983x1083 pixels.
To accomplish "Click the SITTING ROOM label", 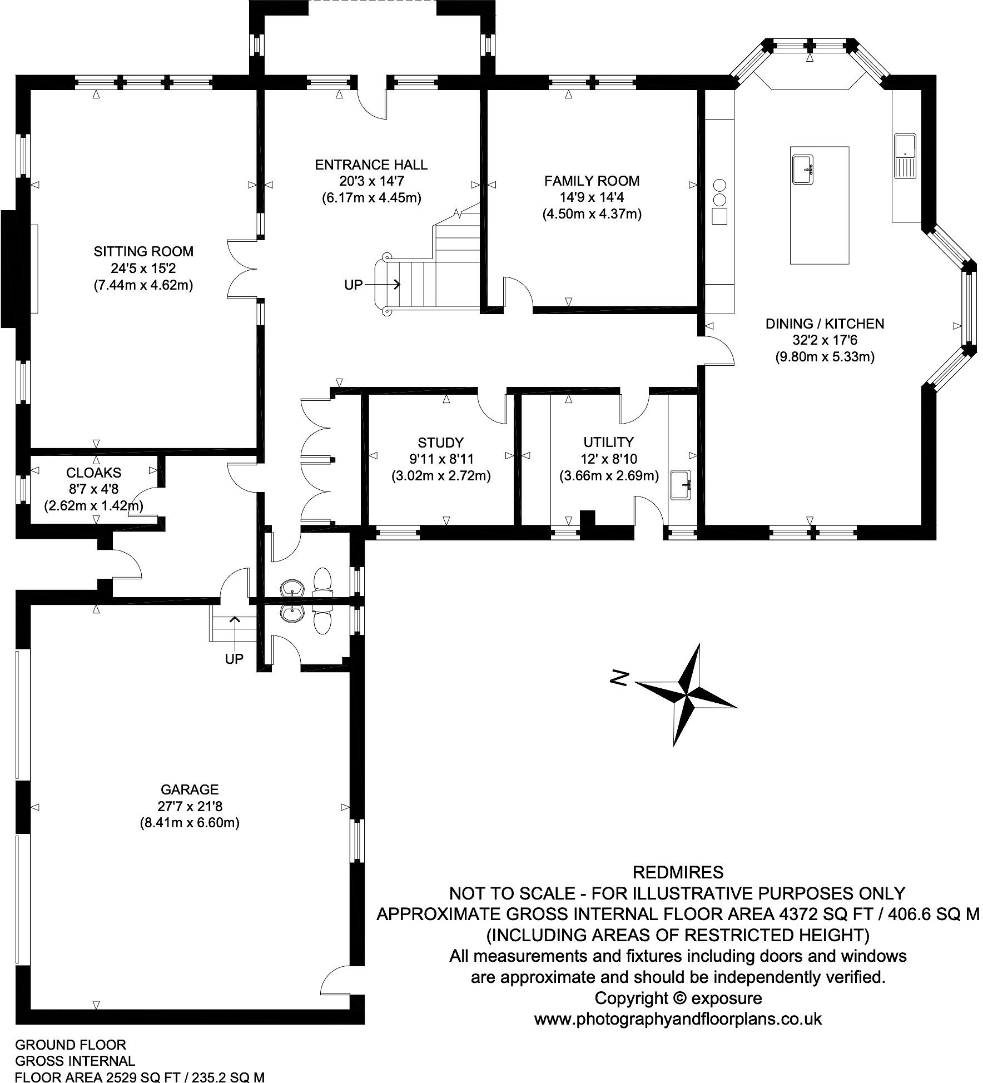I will pos(143,251).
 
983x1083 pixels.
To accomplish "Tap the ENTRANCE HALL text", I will pos(371,165).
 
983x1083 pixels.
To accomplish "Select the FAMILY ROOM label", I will pos(592,181).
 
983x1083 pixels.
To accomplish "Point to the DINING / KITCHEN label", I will pos(825,324).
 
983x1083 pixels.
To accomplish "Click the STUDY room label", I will pos(440,443).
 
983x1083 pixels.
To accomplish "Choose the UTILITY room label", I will pos(608,442).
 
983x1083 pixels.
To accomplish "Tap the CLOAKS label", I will pos(93,473).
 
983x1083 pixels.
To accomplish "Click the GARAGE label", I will pos(190,789).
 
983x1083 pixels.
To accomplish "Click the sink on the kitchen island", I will pos(802,169).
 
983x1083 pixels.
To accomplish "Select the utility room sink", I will pos(681,485).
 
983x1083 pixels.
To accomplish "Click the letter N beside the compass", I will pos(619,678).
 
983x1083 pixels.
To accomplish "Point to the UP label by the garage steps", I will pos(234,659).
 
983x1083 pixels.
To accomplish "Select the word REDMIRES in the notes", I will pos(678,871).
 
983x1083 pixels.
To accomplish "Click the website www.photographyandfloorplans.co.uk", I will pos(678,1019).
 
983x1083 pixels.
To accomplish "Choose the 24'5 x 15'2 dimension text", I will pos(143,269).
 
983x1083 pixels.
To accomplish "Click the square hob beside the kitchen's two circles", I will pos(719,216).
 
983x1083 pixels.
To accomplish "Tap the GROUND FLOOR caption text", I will pos(71,1045).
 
